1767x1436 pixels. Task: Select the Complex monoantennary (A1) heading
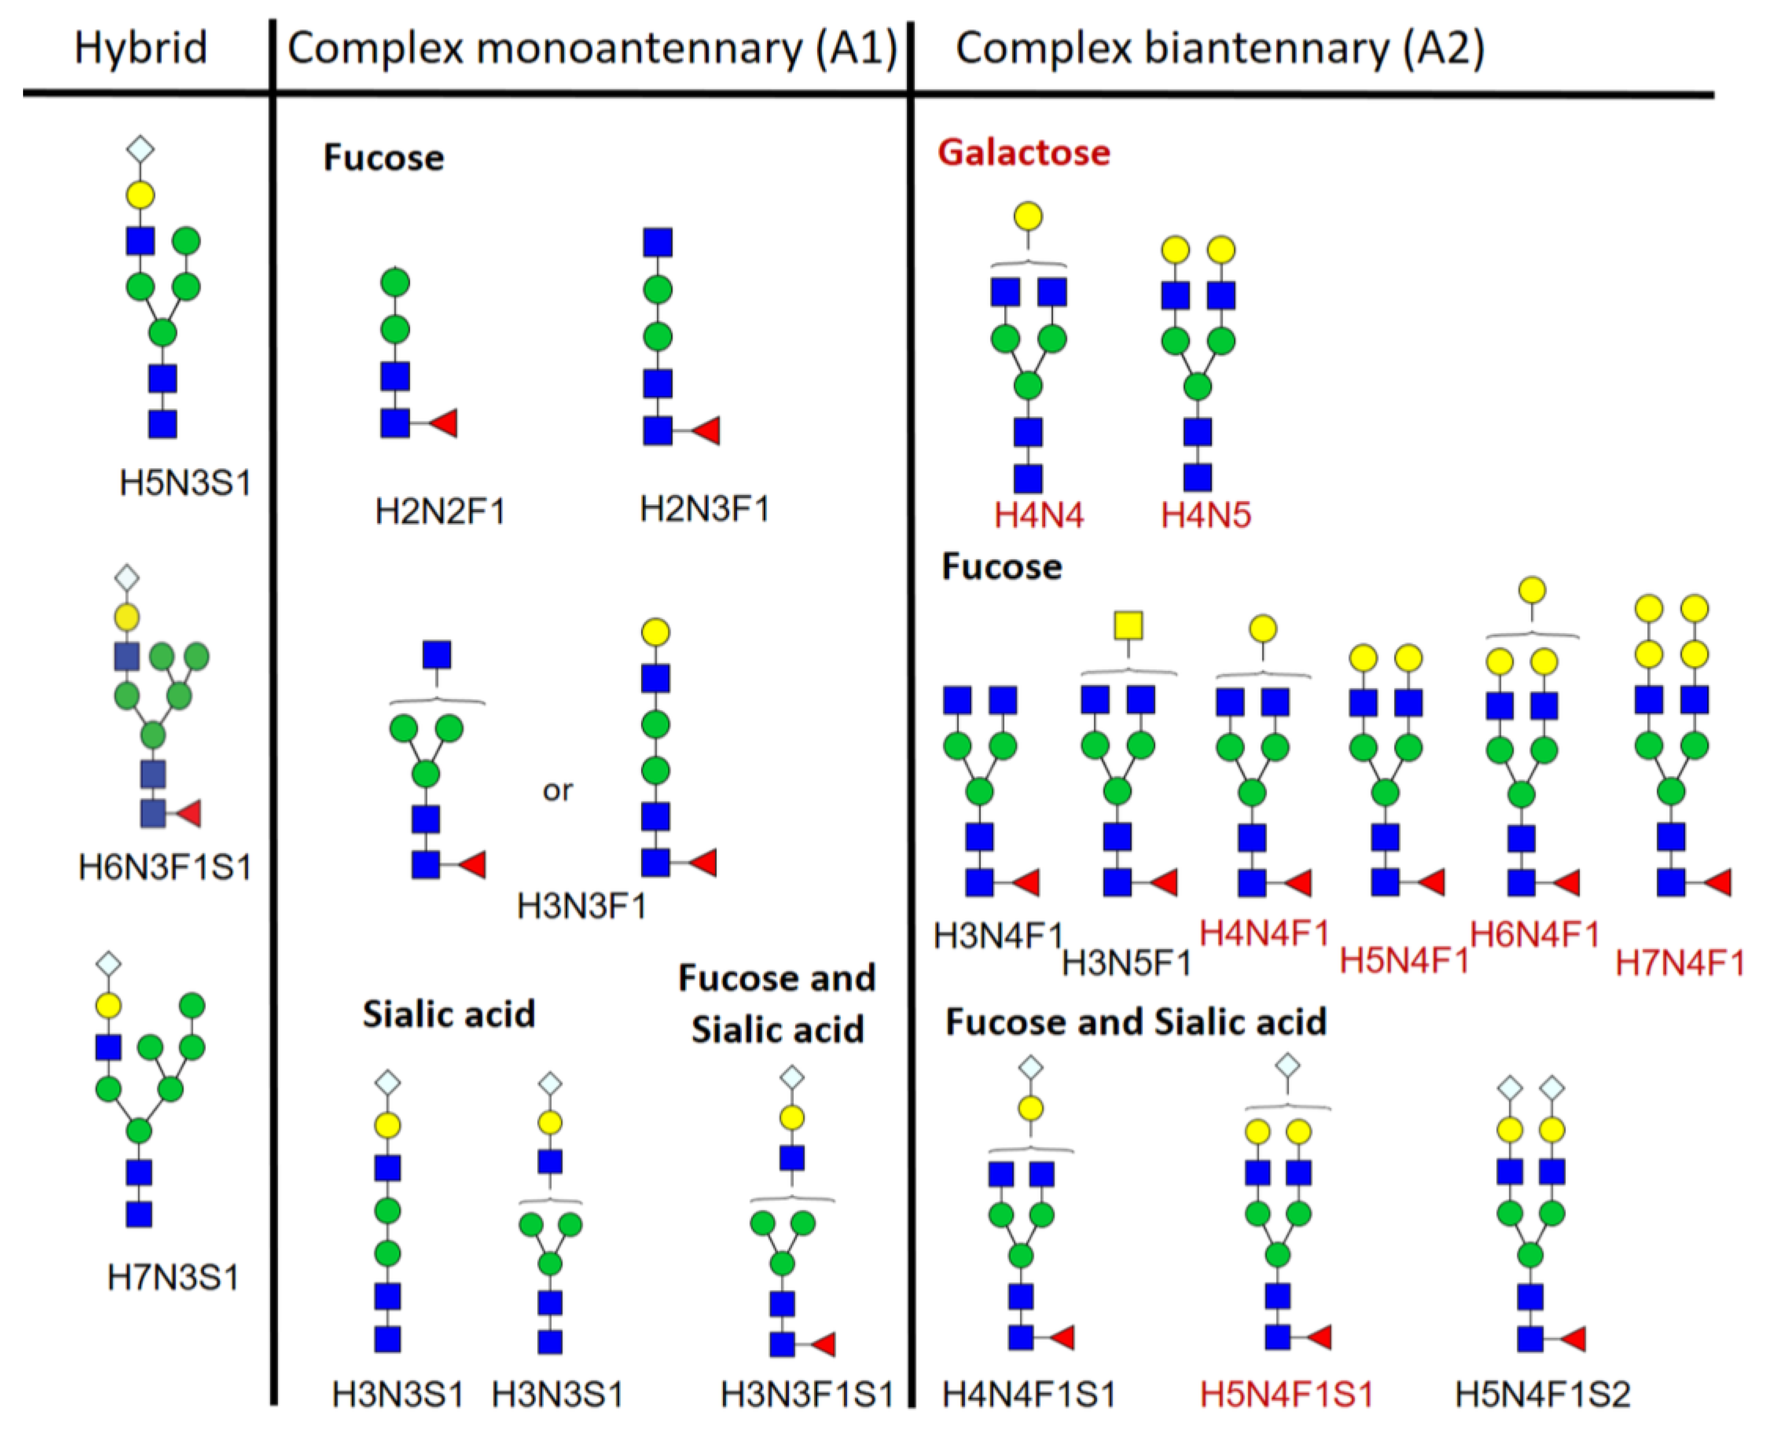tap(591, 49)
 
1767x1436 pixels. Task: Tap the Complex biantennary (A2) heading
tap(1220, 49)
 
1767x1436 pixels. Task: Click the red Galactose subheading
tap(1023, 153)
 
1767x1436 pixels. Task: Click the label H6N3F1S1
tap(164, 868)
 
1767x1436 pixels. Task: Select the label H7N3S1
tap(173, 1278)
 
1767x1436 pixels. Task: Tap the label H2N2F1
tap(440, 512)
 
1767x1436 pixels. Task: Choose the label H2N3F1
tap(704, 509)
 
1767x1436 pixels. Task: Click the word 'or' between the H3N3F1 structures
tap(557, 791)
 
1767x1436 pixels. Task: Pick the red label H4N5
tap(1205, 515)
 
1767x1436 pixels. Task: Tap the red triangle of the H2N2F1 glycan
tap(444, 424)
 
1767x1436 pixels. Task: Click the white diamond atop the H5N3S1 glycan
tap(140, 150)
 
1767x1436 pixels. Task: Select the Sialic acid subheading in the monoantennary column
tap(448, 1014)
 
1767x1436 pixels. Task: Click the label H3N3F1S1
tap(807, 1395)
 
